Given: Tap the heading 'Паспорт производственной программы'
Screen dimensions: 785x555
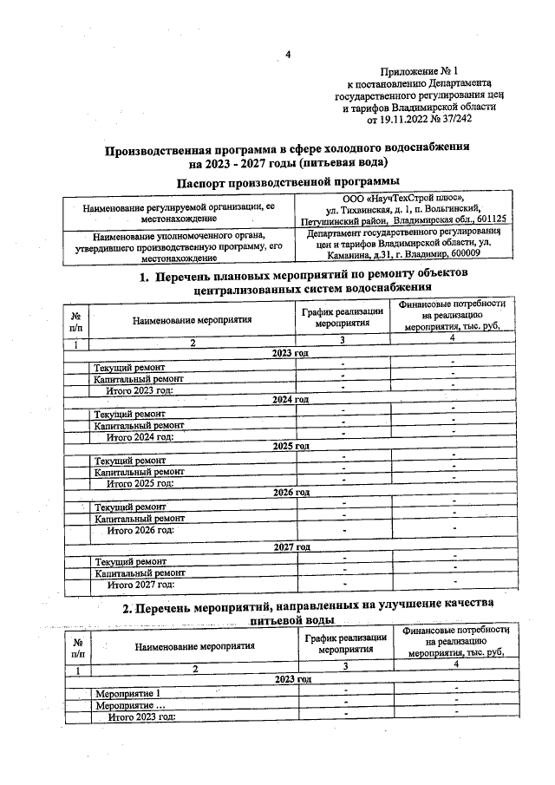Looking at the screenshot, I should (x=287, y=181).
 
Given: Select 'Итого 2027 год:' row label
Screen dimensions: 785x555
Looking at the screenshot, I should (x=139, y=585).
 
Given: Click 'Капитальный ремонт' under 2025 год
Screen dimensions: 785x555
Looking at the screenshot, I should (x=139, y=471).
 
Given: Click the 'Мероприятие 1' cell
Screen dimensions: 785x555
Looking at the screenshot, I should (x=127, y=694).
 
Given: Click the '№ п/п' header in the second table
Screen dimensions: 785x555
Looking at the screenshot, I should (x=77, y=646).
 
